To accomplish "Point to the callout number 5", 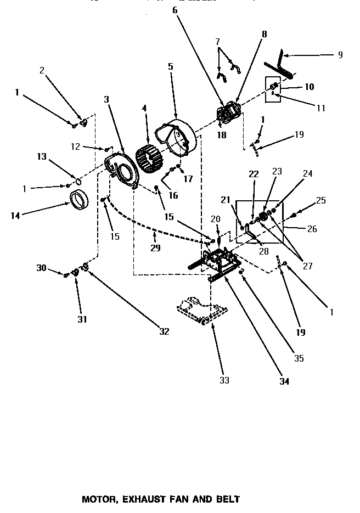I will [x=171, y=67].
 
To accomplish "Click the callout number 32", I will [x=164, y=331].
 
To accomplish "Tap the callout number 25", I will [x=322, y=201].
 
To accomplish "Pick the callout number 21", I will [x=225, y=199].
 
